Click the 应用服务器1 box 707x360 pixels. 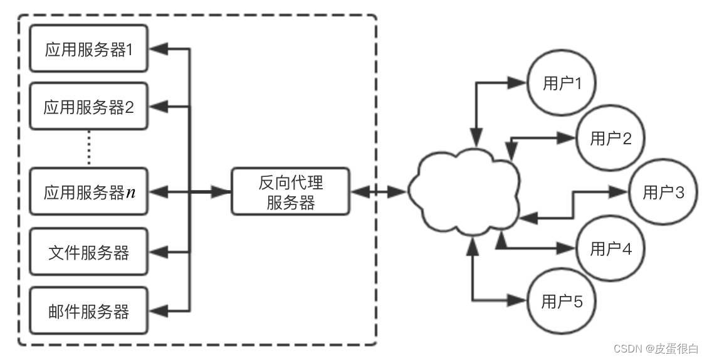coord(88,50)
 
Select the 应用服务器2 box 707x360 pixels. coord(88,107)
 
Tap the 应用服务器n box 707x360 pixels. coord(88,192)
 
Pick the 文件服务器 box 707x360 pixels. coord(88,252)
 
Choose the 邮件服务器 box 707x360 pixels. coord(88,310)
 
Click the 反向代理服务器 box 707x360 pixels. coord(290,192)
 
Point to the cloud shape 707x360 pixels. coord(464,192)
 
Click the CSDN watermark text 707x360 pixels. coord(656,349)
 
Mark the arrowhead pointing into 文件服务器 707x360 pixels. coord(160,252)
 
